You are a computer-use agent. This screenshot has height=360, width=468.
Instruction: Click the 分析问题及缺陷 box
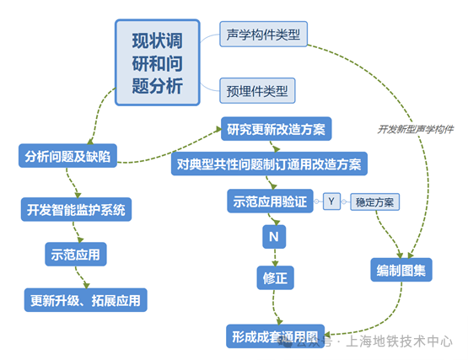67,156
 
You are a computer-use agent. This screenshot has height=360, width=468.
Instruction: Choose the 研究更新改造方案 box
277,130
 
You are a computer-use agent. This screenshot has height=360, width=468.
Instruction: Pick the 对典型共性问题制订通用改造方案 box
269,164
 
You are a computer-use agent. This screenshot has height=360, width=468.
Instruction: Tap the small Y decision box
333,201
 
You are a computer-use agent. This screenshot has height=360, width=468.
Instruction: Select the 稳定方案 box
375,202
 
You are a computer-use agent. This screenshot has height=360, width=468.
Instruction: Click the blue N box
274,237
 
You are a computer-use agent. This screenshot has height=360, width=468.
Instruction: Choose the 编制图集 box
401,271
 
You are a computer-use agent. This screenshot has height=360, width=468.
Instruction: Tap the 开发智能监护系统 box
76,209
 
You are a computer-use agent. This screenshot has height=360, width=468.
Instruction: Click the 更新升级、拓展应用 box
85,299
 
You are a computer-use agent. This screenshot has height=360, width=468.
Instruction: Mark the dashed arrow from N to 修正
274,256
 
